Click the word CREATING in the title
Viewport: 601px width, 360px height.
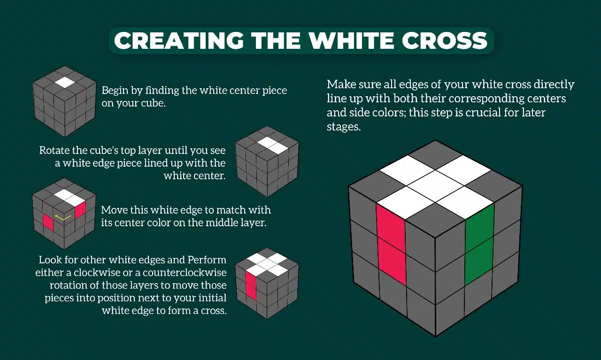(x=178, y=41)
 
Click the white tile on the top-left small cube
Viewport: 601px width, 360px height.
(x=64, y=82)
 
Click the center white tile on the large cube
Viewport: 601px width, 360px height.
(x=435, y=185)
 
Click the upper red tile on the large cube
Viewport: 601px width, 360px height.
(x=391, y=223)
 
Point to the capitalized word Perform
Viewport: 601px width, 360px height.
(x=207, y=260)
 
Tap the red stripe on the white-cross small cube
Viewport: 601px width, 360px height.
(x=250, y=286)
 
